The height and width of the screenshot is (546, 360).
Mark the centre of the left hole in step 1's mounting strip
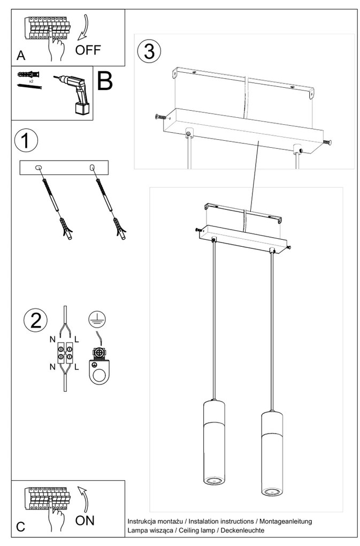coord(39,168)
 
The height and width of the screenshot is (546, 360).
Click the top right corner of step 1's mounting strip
coord(108,161)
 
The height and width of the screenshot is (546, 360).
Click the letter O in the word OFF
coord(80,50)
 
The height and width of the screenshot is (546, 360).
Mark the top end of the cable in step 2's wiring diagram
coord(65,307)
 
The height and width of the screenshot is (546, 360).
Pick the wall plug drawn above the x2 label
coord(28,74)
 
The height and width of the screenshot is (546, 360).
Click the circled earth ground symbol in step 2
coord(97,319)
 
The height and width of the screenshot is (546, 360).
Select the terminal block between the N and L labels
coord(65,352)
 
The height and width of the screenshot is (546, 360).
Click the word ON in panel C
coord(85,521)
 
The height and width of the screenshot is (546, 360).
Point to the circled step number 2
coord(36,320)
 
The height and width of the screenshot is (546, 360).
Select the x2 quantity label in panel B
coord(31,81)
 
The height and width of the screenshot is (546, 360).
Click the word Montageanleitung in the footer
coord(286,521)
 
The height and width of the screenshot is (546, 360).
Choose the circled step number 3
coord(149,51)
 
